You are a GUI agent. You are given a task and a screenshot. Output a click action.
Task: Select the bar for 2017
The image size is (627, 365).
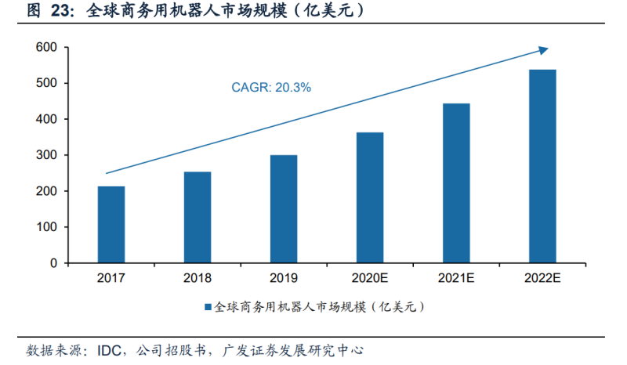click(x=111, y=225)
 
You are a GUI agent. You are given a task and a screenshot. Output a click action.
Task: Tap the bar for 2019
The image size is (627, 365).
click(x=284, y=209)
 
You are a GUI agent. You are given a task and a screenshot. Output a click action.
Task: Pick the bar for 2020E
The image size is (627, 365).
click(x=370, y=197)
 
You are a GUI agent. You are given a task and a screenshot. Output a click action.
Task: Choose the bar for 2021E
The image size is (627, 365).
click(x=456, y=183)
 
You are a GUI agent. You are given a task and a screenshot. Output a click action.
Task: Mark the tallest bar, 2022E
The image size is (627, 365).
click(x=542, y=166)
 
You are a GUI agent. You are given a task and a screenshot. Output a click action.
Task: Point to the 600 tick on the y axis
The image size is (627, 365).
click(x=47, y=48)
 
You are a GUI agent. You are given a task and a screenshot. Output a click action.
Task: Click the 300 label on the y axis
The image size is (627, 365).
click(x=47, y=155)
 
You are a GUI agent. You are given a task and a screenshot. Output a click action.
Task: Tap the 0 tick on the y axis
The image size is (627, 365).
click(x=54, y=263)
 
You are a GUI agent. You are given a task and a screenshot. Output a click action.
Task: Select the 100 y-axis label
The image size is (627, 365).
click(x=47, y=227)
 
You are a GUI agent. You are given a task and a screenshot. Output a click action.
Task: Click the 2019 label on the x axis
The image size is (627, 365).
click(x=284, y=278)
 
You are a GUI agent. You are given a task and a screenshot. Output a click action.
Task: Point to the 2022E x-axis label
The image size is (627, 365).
click(x=542, y=278)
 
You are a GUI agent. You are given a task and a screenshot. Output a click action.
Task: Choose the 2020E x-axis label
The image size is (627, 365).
click(x=370, y=278)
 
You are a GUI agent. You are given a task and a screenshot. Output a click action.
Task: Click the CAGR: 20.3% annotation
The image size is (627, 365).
click(x=271, y=88)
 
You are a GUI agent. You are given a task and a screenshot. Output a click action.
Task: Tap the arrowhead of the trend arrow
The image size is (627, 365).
click(x=543, y=51)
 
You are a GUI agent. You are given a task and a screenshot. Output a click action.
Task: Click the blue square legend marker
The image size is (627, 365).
click(x=208, y=308)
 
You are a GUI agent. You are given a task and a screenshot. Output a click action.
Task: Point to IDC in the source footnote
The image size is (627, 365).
click(x=111, y=349)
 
